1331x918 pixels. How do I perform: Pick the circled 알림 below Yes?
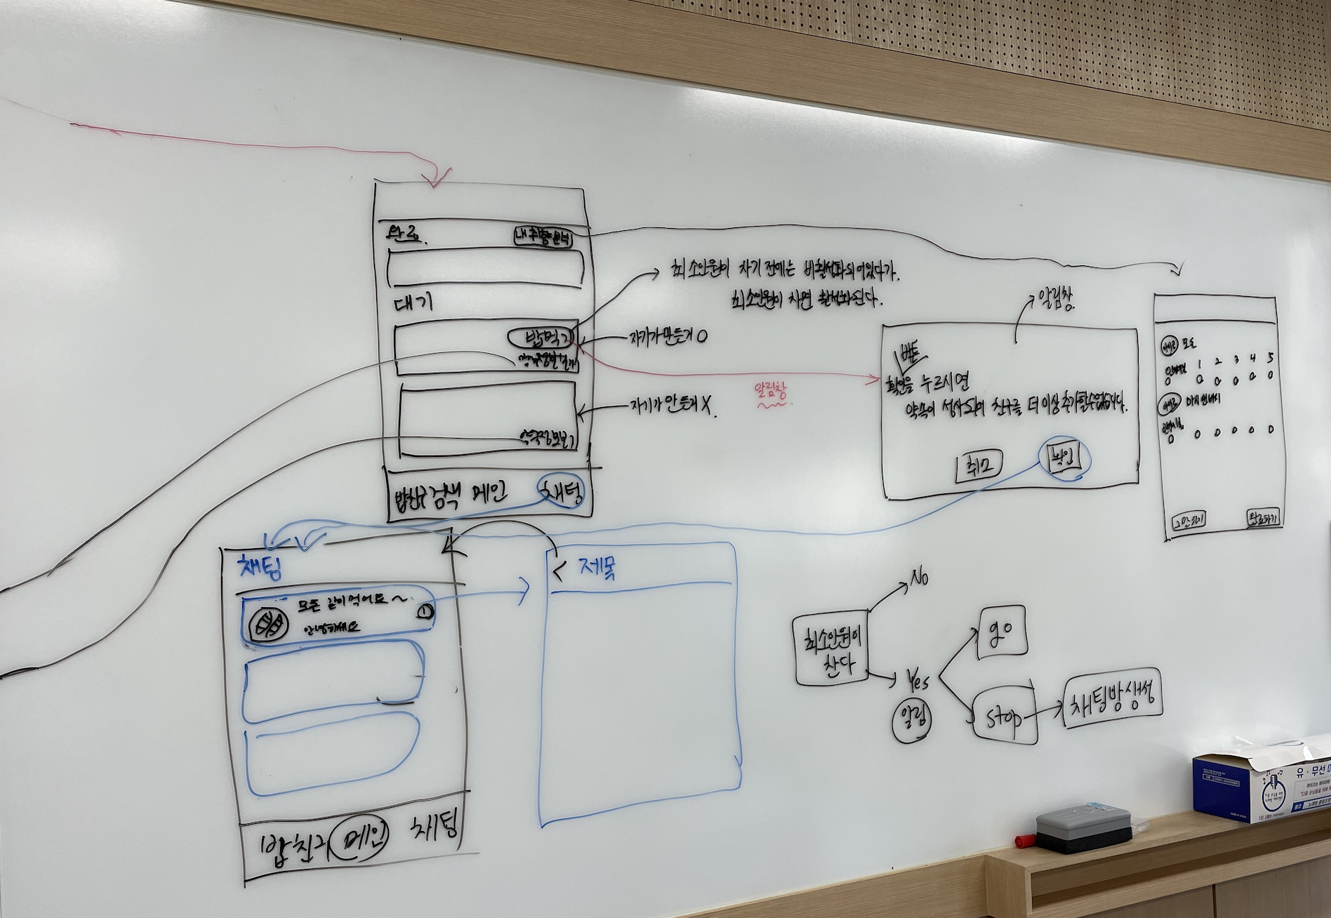pyautogui.click(x=913, y=720)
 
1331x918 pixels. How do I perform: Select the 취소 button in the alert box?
pyautogui.click(x=979, y=466)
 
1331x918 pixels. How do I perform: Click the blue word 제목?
pyautogui.click(x=597, y=569)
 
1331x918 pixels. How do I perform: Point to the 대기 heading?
pyautogui.click(x=413, y=302)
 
